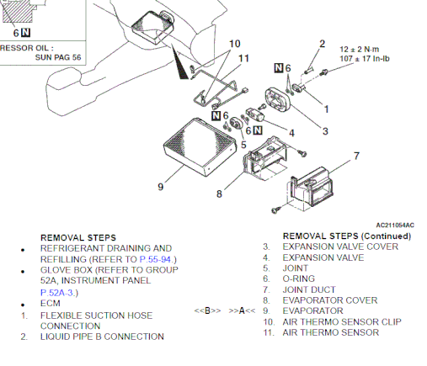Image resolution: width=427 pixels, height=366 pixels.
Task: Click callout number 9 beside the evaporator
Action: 161,187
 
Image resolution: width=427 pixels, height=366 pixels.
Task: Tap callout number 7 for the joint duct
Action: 356,156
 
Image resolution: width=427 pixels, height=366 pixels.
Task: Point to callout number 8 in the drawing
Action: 219,194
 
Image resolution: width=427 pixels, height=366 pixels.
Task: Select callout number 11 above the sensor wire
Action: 243,58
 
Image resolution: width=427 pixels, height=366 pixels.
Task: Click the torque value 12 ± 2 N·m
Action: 360,50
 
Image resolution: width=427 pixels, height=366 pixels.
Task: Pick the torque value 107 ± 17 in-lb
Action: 365,59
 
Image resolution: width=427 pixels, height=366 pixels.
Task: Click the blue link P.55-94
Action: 155,259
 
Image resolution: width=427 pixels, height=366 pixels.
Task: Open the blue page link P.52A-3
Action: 57,293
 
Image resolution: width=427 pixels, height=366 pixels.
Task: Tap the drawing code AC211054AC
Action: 395,225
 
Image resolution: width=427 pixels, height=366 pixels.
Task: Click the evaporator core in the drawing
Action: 200,147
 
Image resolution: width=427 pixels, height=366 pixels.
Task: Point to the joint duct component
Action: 311,188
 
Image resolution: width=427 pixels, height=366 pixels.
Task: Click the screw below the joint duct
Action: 275,210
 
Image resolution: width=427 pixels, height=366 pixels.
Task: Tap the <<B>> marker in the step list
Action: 207,310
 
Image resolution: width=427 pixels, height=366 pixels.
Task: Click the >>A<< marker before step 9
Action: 242,310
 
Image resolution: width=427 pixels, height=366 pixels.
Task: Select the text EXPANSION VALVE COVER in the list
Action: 340,247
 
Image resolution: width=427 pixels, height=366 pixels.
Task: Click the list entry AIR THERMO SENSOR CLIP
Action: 342,321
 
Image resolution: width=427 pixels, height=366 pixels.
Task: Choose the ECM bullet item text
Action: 51,303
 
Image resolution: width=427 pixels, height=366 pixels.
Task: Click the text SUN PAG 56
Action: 58,57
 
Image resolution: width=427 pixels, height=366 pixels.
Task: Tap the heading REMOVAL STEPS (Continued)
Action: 347,236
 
